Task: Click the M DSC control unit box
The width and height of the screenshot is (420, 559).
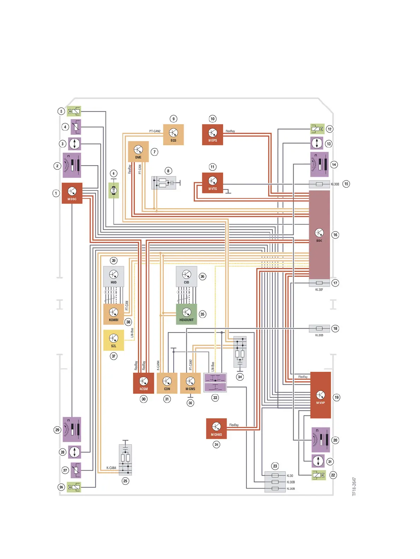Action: click(x=72, y=193)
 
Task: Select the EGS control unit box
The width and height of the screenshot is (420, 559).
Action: click(x=173, y=134)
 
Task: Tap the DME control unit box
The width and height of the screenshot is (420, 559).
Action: click(x=138, y=151)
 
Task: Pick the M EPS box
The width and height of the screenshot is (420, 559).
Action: click(x=212, y=134)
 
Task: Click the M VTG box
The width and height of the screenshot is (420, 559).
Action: click(x=212, y=183)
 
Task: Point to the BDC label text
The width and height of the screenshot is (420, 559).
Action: click(x=319, y=241)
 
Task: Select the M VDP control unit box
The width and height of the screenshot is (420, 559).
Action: click(x=320, y=395)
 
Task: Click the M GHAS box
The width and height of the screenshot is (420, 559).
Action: click(x=216, y=428)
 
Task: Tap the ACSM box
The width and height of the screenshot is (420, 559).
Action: click(x=143, y=383)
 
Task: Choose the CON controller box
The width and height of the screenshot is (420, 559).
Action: click(x=167, y=383)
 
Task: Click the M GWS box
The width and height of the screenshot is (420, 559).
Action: click(x=190, y=383)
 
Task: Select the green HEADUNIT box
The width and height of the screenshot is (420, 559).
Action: click(x=186, y=314)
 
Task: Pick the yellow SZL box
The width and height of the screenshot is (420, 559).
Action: click(x=114, y=340)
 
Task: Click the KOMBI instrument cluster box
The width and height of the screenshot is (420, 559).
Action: click(x=114, y=314)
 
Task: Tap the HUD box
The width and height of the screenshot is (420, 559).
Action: click(x=114, y=276)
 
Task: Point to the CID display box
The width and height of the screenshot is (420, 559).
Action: click(x=186, y=276)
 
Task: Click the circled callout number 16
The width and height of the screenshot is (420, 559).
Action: click(x=335, y=235)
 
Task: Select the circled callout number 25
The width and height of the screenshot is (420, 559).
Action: click(x=125, y=481)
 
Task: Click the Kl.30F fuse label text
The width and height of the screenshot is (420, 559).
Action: click(x=319, y=290)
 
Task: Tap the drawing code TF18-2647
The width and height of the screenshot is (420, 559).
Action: click(x=354, y=487)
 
